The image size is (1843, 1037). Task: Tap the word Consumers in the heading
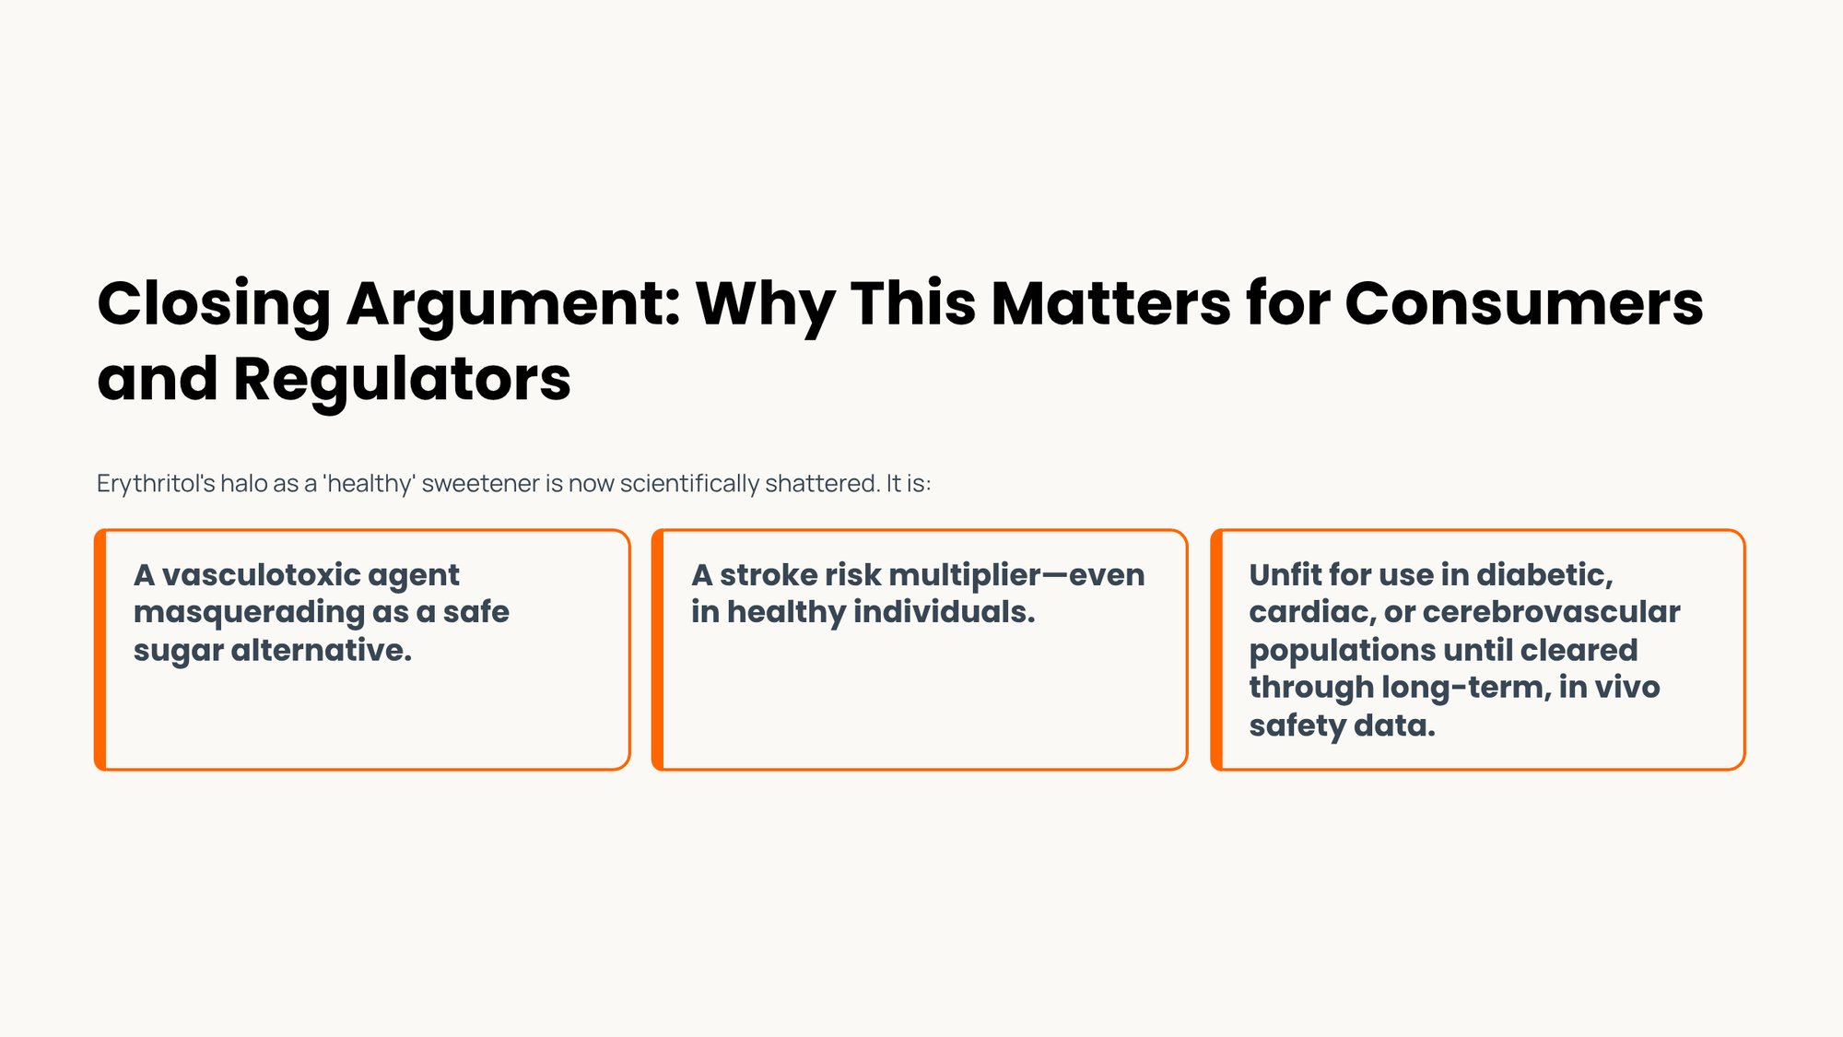tap(1523, 304)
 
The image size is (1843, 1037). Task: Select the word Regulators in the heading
tap(402, 380)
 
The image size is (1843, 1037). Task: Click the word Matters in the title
tap(1109, 304)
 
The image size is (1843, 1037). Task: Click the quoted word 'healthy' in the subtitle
tap(369, 484)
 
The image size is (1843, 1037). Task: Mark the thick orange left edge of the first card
tap(100, 650)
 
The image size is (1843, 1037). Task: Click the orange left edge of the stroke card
tap(658, 650)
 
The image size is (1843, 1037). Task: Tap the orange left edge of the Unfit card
tap(1216, 650)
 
